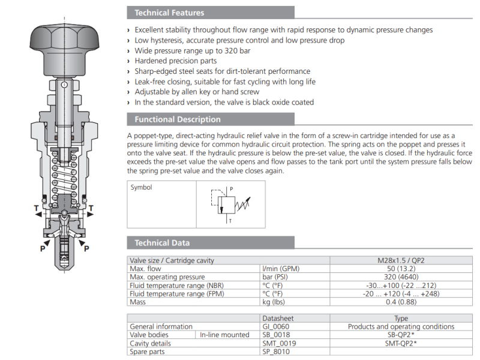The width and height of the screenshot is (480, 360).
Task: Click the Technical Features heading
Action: [169, 13]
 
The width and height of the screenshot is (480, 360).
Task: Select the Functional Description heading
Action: [178, 119]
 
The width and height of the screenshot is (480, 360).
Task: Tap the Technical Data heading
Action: [162, 243]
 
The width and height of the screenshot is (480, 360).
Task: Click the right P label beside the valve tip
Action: [86, 248]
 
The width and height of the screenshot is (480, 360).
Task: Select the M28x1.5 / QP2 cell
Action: [401, 260]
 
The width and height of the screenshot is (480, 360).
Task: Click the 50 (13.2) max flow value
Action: [401, 269]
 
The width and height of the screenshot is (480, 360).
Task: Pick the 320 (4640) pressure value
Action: [401, 277]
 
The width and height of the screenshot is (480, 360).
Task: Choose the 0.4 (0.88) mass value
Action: [401, 302]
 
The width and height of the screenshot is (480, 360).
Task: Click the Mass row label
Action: [138, 302]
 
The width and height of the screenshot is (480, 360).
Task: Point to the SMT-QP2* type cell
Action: [401, 343]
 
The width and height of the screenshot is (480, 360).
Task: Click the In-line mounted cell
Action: [224, 335]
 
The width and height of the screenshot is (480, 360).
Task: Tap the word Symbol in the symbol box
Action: [142, 187]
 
